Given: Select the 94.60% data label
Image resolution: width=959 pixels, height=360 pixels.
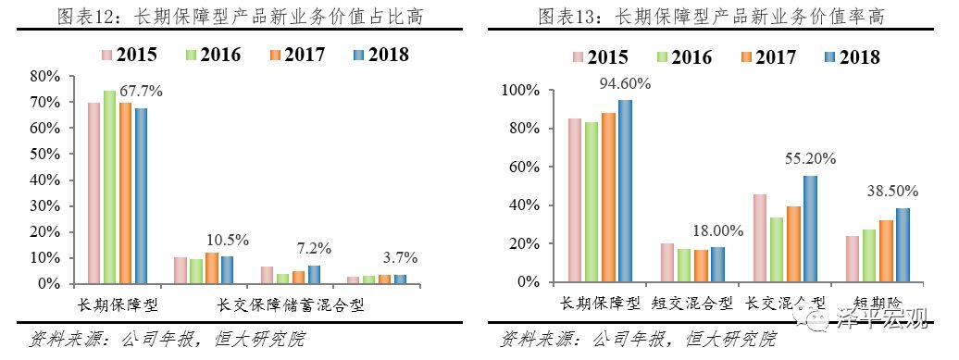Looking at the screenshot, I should click(625, 83).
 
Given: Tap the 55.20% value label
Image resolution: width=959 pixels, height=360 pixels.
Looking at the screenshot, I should click(811, 159).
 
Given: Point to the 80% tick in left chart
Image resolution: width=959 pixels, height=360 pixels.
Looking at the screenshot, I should click(46, 75).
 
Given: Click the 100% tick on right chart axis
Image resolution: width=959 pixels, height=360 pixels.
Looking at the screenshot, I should click(517, 91).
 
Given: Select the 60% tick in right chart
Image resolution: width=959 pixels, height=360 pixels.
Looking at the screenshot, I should click(521, 168).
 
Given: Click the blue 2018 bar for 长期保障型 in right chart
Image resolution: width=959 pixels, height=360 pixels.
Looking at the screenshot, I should click(626, 191).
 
